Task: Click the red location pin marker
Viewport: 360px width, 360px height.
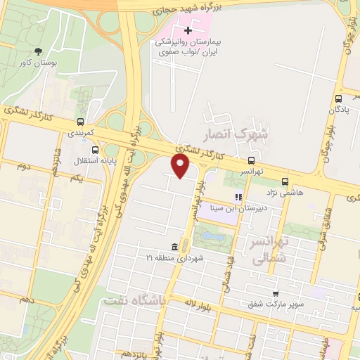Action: click(x=181, y=165)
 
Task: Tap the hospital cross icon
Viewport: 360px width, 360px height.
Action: click(x=188, y=30)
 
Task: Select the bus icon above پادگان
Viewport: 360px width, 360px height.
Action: click(x=339, y=99)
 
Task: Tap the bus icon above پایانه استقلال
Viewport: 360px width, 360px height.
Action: click(x=96, y=149)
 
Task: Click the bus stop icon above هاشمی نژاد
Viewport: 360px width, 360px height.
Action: click(x=285, y=180)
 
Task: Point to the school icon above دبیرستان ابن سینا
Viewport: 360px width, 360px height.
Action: click(x=238, y=197)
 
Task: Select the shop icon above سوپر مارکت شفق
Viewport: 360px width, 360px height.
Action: click(x=275, y=294)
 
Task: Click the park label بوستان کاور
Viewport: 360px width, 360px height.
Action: click(x=39, y=63)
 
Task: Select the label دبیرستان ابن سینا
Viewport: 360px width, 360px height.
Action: click(x=239, y=208)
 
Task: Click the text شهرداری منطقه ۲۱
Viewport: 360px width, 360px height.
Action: click(x=175, y=258)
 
